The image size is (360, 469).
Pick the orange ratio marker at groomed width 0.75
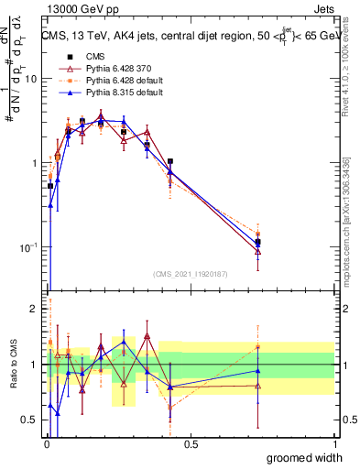click(x=258, y=347)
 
